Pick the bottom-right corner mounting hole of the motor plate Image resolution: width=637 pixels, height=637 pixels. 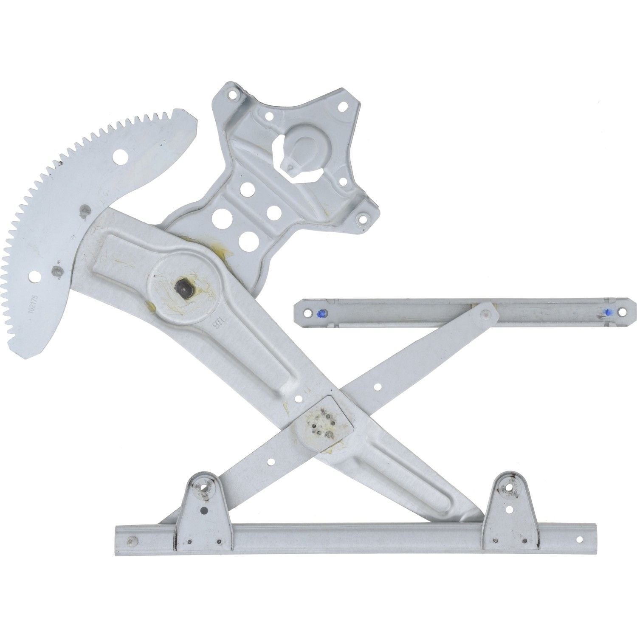(x=362, y=220)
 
